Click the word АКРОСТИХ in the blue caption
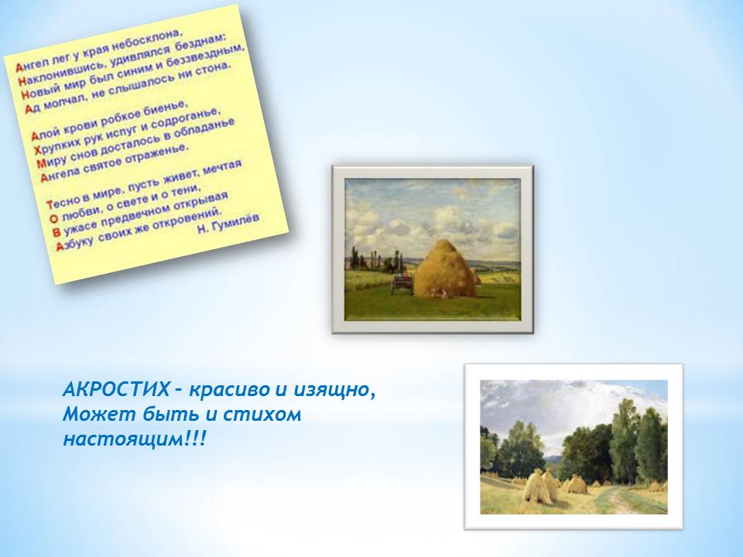coord(116,390)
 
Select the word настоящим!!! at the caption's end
coord(135,439)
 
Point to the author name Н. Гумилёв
coord(228,223)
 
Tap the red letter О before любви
coord(53,219)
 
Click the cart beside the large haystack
coord(402,284)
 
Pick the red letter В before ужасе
coord(56,233)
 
